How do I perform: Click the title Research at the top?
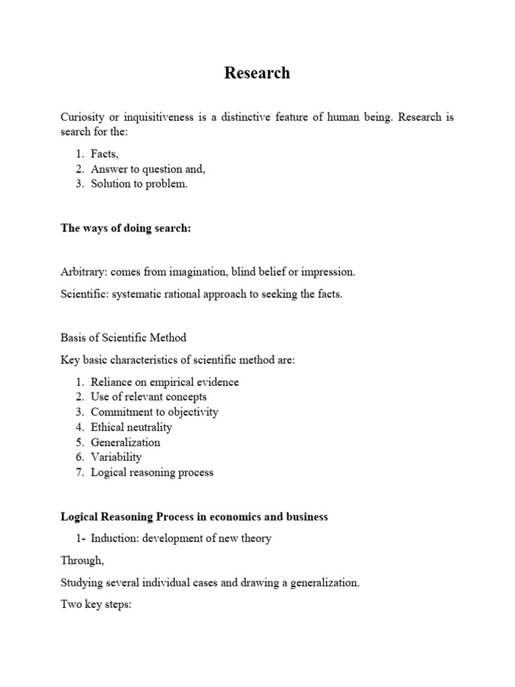[x=257, y=73]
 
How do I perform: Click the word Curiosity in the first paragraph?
[x=82, y=117]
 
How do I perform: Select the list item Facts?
[x=105, y=154]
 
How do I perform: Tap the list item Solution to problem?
[x=139, y=184]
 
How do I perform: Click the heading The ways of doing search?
[x=125, y=228]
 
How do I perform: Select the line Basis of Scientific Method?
[x=123, y=337]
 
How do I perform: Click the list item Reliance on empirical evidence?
[x=164, y=382]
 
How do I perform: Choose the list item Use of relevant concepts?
[x=149, y=397]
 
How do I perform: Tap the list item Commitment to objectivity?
[x=154, y=412]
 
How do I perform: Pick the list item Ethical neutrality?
[x=131, y=427]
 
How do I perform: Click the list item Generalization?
[x=125, y=442]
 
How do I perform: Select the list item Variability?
[x=116, y=457]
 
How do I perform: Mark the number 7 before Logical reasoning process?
[x=78, y=472]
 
